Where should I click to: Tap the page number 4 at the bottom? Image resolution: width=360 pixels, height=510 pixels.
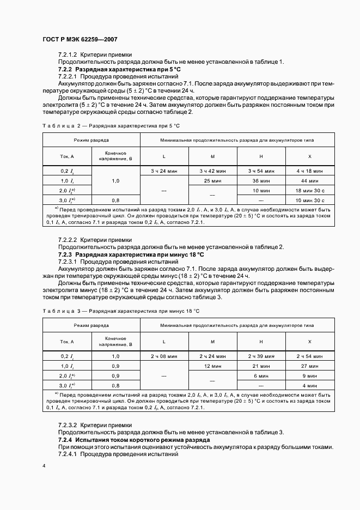tap(44, 466)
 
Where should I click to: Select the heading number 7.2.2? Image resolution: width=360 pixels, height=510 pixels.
tap(65, 70)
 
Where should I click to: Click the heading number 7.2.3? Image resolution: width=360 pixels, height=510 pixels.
tap(65, 254)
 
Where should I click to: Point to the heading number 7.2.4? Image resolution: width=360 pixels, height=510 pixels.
tap(65, 439)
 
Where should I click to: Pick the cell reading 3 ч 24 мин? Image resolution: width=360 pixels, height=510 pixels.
tap(164, 171)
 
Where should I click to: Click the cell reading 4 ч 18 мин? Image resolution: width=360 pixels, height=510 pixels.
tap(309, 171)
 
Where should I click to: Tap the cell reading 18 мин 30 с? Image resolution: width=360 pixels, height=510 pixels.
tap(309, 190)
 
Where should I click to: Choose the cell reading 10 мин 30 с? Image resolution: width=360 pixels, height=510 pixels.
tap(309, 200)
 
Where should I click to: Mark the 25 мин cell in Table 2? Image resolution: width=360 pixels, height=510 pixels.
tap(213, 180)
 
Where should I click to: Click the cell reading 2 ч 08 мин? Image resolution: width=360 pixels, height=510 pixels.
tap(164, 356)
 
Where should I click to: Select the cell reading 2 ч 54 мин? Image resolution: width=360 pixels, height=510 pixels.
tap(309, 356)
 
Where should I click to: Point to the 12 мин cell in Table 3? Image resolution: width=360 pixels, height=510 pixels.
tap(213, 366)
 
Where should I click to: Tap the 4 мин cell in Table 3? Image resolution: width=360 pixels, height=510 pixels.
tap(309, 385)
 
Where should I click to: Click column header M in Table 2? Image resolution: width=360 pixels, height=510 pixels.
tap(213, 156)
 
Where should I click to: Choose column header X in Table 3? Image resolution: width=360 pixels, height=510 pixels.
tap(309, 341)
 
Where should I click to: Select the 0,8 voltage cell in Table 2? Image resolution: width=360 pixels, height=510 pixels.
tap(115, 200)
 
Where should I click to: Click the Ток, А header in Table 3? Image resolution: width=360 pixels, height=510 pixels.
tap(67, 341)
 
